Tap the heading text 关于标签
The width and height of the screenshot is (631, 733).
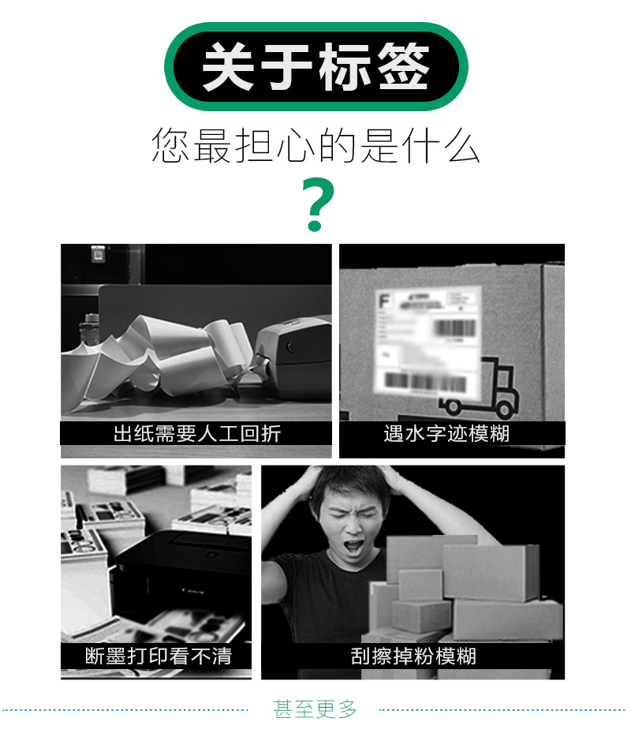tap(315, 67)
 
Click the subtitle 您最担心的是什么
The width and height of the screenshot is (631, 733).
tap(315, 147)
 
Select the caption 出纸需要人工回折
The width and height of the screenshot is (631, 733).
tap(196, 433)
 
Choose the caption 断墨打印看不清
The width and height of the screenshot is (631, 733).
tap(158, 656)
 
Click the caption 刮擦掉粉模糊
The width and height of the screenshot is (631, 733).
tap(413, 656)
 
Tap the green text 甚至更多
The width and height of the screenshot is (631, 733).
tap(315, 709)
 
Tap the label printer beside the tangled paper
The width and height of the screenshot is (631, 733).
tap(292, 359)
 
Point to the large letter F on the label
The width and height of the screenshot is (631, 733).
tap(385, 301)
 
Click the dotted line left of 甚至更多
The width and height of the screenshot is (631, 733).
tap(126, 709)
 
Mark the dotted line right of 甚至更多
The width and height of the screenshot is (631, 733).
tap(505, 709)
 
